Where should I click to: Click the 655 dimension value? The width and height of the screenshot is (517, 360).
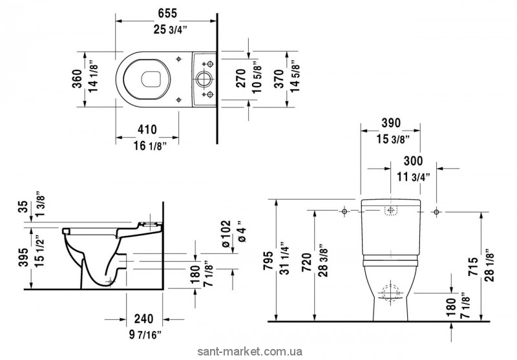166,11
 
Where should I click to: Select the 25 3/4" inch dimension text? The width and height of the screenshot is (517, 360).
166,28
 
